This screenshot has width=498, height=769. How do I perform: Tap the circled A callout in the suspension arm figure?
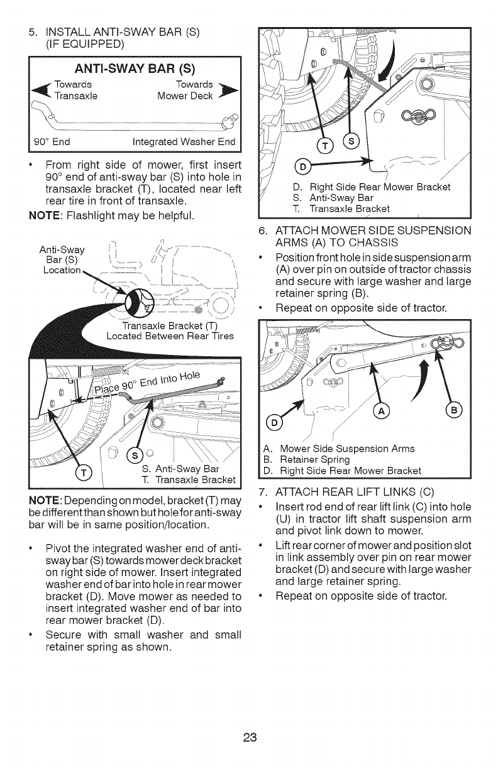[x=382, y=412]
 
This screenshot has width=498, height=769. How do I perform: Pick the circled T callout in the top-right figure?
[x=325, y=146]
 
